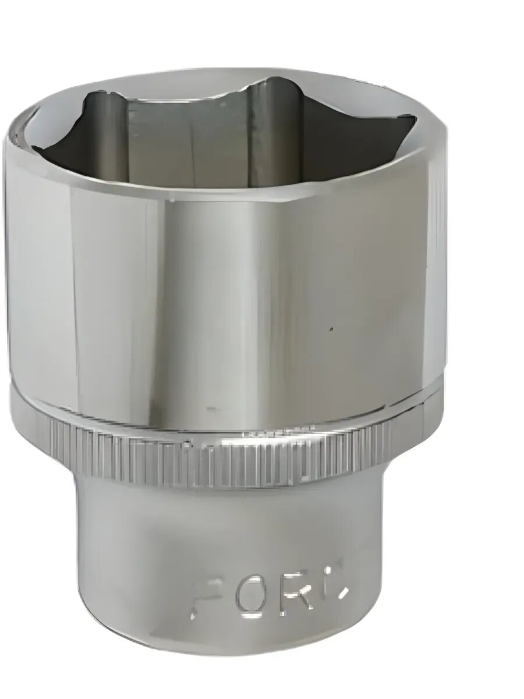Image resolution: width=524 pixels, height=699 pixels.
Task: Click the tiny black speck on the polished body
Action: click(331, 330)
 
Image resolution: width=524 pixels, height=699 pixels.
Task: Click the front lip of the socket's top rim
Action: click(233, 192)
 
